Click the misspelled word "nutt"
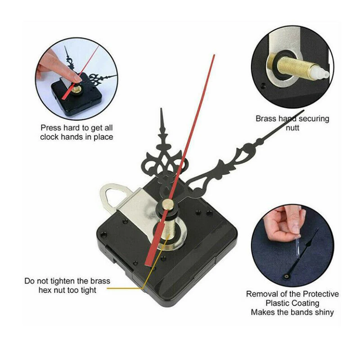(x=292, y=128)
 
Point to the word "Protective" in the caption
(x=321, y=294)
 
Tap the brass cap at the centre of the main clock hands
(x=167, y=204)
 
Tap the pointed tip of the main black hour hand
(x=161, y=108)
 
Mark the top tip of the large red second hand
(x=214, y=55)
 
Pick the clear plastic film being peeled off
(x=297, y=246)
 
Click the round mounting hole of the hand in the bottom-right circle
(x=287, y=276)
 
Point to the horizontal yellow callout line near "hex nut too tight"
(x=125, y=288)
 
